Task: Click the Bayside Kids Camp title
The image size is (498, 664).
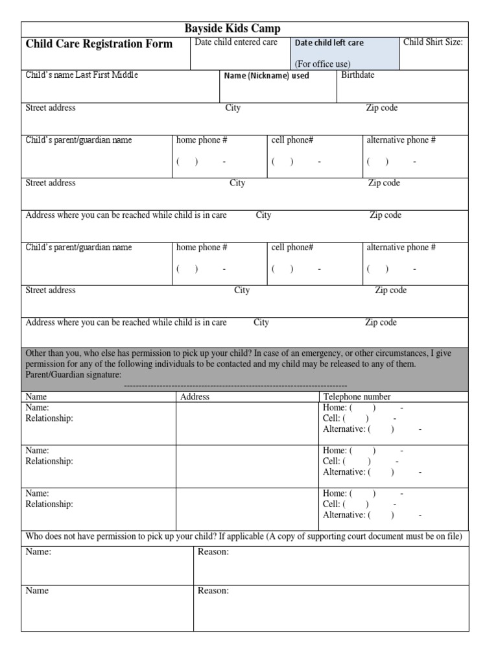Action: click(x=232, y=29)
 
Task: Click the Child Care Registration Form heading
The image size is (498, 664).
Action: click(x=99, y=44)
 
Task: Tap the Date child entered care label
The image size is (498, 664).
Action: click(x=236, y=42)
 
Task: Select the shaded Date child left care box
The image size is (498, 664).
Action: click(x=345, y=53)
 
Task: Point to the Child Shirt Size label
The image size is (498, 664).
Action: click(x=433, y=42)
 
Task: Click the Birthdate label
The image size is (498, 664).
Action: click(x=358, y=75)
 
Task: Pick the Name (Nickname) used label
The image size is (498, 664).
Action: click(x=266, y=76)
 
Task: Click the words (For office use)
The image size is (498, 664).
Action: click(x=322, y=64)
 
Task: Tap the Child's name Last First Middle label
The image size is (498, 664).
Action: click(x=82, y=75)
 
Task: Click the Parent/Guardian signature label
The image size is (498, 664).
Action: click(x=73, y=375)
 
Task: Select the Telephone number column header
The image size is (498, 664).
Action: click(x=357, y=397)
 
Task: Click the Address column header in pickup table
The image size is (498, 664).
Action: click(x=195, y=397)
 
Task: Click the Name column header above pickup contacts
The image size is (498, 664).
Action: click(x=36, y=397)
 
